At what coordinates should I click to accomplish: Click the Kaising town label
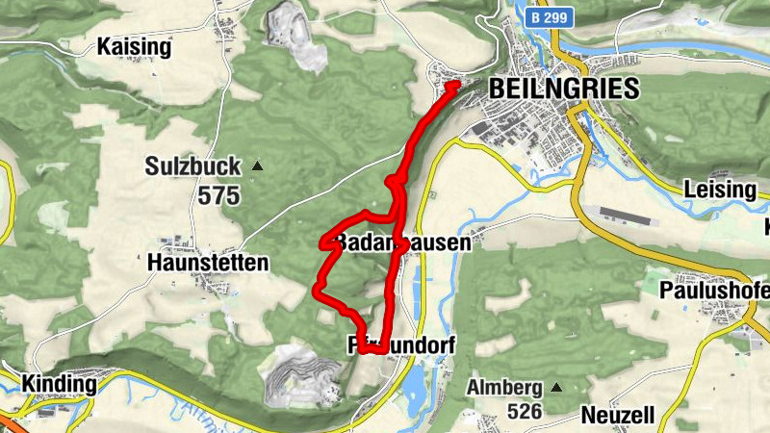point(135,46)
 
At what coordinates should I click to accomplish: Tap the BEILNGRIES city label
point(564,89)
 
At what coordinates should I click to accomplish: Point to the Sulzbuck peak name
point(192,166)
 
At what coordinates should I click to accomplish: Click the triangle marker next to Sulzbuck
point(257,166)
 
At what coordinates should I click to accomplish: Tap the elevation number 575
point(219,195)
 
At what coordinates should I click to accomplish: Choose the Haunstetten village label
point(209,261)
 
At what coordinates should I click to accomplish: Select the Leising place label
point(719,190)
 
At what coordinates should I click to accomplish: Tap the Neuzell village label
point(618,416)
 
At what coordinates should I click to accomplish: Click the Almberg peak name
point(504,388)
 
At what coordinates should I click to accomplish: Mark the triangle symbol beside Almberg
point(556,388)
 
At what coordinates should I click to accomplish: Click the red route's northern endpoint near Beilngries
point(453,87)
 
